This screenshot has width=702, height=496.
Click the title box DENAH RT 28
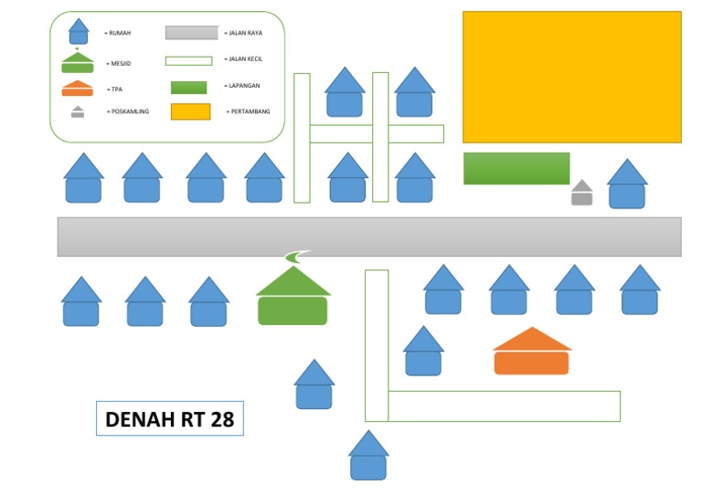pyautogui.click(x=170, y=419)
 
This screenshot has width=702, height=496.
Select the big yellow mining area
pyautogui.click(x=571, y=77)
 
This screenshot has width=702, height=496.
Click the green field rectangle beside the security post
pyautogui.click(x=516, y=168)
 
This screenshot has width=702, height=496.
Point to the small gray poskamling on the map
pyautogui.click(x=582, y=193)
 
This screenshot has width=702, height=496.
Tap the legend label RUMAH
pyautogui.click(x=119, y=33)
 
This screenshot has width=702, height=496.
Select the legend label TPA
pyautogui.click(x=115, y=90)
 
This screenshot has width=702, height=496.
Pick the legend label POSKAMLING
pyautogui.click(x=128, y=111)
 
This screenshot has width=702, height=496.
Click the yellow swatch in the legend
pyautogui.click(x=190, y=111)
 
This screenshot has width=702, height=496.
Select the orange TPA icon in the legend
pyautogui.click(x=77, y=89)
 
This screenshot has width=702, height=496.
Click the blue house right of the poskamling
pyautogui.click(x=627, y=185)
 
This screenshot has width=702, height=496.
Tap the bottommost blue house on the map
pyautogui.click(x=368, y=457)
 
